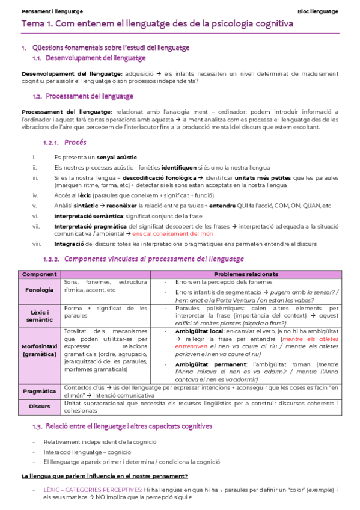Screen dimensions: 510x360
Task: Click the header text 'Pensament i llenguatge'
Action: (52, 11)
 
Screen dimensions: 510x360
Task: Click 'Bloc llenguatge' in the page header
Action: (318, 11)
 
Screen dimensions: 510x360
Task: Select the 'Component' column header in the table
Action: (40, 274)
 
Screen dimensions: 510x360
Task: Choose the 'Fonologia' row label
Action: (40, 289)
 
